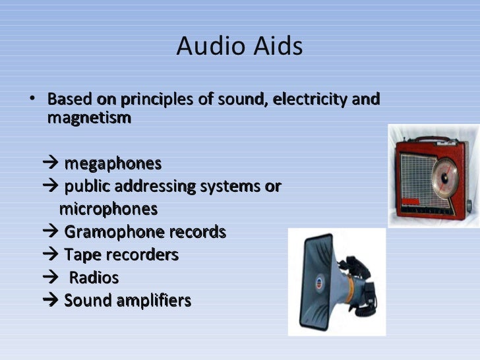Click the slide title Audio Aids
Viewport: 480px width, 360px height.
tap(239, 47)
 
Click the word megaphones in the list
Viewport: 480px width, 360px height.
tap(112, 164)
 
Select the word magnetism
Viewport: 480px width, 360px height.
tap(89, 119)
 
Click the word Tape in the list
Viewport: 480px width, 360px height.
tap(80, 255)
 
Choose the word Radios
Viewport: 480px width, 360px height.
tap(94, 278)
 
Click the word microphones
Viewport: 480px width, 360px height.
tap(108, 210)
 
